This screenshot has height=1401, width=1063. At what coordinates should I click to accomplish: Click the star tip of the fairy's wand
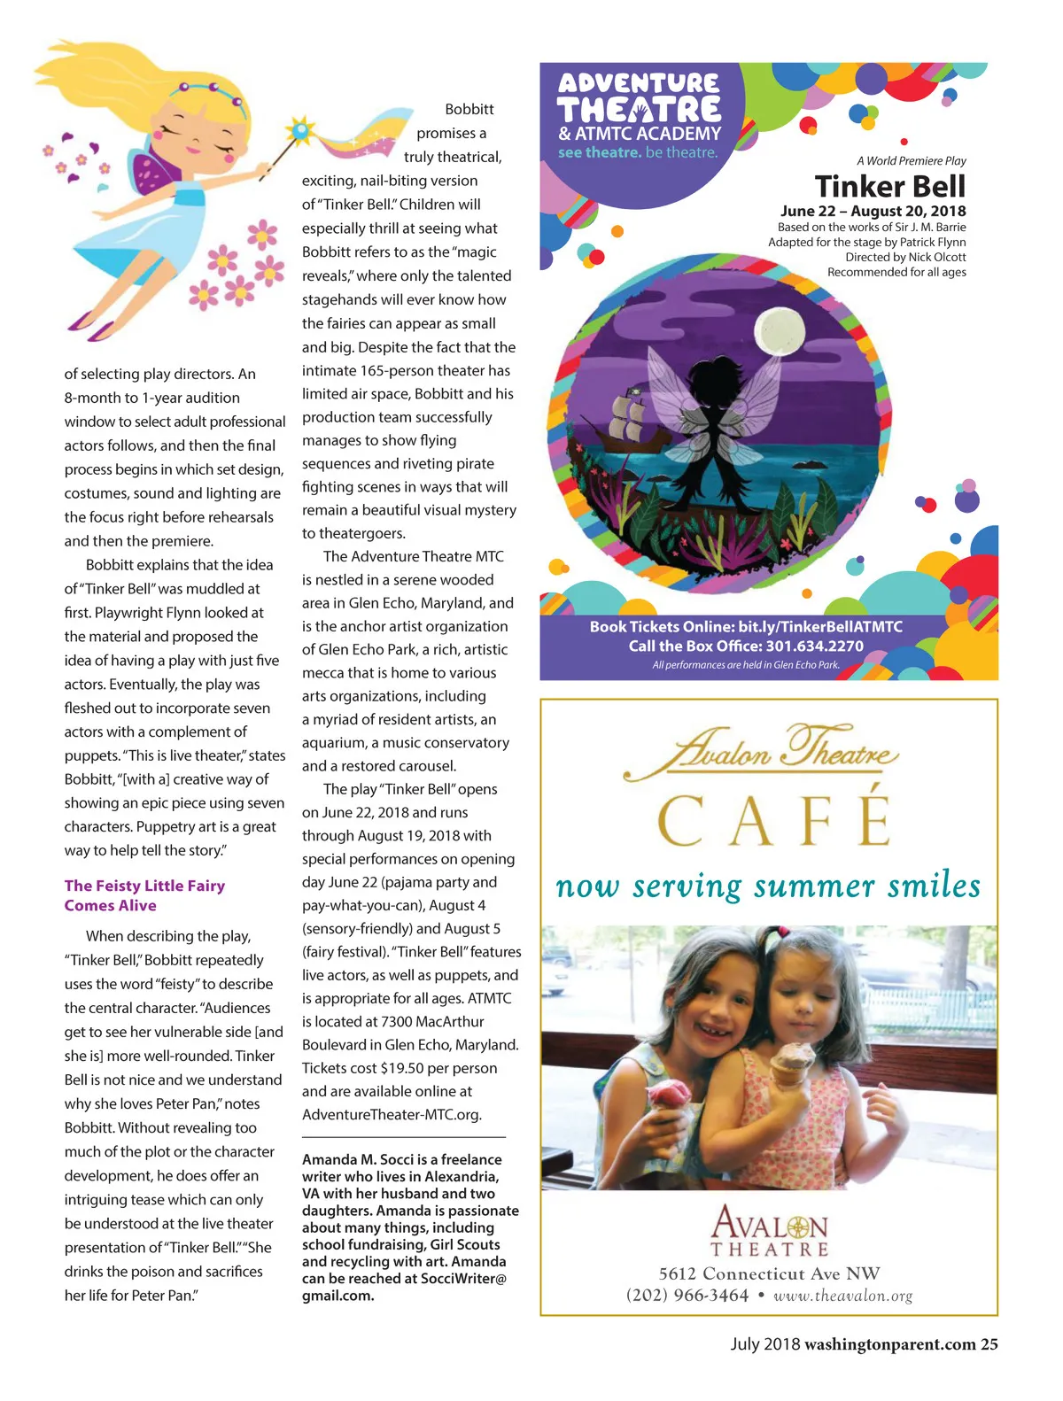coord(302,130)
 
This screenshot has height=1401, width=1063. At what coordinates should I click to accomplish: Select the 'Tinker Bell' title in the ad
coord(889,187)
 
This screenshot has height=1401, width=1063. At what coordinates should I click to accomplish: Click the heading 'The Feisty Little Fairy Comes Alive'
coord(144,895)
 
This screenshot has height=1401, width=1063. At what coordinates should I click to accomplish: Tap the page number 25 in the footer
coord(989,1344)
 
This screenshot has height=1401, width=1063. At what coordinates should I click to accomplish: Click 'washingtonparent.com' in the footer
coord(889,1344)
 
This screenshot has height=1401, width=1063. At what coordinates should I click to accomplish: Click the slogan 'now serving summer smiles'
coord(768,886)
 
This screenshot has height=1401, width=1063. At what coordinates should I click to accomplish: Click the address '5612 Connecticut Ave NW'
coord(769,1273)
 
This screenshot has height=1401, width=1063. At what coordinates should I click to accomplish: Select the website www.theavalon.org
coord(842,1296)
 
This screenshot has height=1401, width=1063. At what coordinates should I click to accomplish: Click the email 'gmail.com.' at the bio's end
coord(338,1296)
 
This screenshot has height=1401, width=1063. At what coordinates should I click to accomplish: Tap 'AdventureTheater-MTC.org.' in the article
coord(392,1114)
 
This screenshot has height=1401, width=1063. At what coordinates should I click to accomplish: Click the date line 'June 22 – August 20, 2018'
coord(873,211)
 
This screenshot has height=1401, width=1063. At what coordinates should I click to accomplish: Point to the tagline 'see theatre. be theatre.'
coord(638,152)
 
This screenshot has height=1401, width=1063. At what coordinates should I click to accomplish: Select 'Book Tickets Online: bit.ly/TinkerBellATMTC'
coord(746,626)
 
